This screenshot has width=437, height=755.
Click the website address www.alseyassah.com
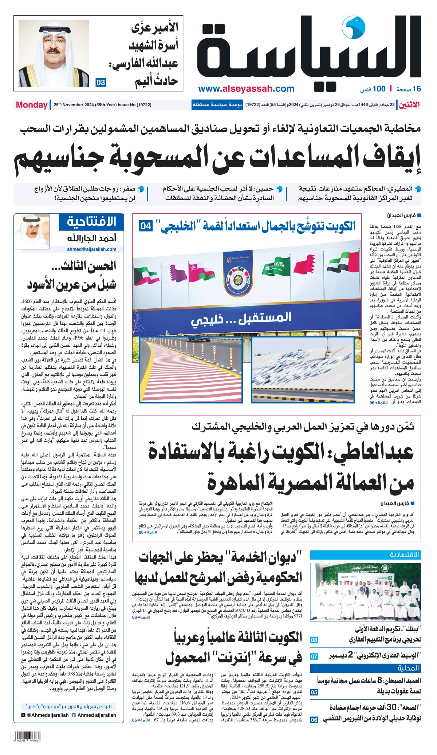[246, 89]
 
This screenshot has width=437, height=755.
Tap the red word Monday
[32, 105]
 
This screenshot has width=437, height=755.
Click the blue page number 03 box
[101, 83]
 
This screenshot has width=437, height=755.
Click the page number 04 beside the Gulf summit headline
[146, 226]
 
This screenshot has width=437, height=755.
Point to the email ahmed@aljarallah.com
[91, 249]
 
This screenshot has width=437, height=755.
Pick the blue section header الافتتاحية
[91, 221]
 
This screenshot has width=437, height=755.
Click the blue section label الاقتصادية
[404, 555]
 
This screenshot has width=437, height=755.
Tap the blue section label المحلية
[408, 668]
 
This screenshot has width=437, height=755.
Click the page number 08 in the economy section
[314, 640]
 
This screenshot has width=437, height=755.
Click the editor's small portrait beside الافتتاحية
[32, 231]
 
